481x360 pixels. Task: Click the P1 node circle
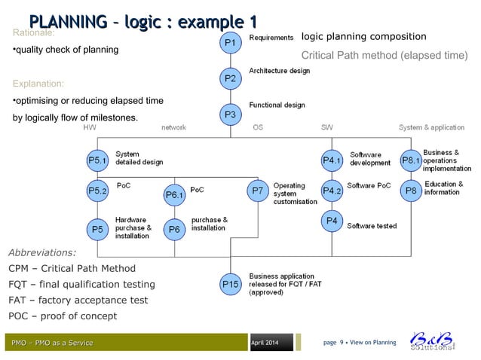231,43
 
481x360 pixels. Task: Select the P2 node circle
231,78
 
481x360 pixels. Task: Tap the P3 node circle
231,114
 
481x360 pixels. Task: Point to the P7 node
258,191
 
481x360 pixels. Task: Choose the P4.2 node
332,191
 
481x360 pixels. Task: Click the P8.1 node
409,160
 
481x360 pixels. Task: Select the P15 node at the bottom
231,284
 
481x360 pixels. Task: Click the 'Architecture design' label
279,71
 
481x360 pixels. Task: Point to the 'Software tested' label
371,225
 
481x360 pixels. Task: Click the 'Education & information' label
443,188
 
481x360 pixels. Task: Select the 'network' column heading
173,128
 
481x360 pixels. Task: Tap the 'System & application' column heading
431,128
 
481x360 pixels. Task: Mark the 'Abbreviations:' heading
41,252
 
